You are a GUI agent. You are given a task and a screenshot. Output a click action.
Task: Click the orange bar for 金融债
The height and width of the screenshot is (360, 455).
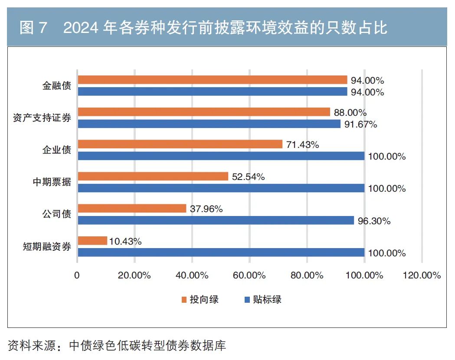(212, 80)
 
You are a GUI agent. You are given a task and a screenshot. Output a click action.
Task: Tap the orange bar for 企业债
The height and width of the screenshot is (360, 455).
(180, 144)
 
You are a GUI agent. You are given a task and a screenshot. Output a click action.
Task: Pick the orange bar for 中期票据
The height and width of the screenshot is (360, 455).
(153, 177)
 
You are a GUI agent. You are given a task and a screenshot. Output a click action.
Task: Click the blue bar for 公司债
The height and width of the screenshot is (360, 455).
(216, 221)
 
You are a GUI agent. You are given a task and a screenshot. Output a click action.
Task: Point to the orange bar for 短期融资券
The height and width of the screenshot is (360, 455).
(92, 241)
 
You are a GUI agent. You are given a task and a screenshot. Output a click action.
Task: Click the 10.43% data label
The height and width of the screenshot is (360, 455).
(125, 242)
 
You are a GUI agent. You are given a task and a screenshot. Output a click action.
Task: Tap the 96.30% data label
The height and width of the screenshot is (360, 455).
(374, 221)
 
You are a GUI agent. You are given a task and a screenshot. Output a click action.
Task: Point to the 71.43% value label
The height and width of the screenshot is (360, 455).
(302, 145)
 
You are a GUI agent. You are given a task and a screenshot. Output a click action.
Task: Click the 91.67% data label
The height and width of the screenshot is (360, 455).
(360, 124)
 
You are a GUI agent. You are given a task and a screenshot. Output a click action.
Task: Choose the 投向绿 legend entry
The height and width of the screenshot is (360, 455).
(200, 299)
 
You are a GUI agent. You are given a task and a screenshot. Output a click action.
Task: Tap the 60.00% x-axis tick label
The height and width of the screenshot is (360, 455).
(249, 275)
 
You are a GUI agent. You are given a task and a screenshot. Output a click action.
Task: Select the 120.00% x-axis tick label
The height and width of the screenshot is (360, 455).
(421, 275)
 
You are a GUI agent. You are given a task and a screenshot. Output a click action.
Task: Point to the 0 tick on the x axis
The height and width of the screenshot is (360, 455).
(77, 275)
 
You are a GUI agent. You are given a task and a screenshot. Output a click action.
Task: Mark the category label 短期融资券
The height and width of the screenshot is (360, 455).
(47, 247)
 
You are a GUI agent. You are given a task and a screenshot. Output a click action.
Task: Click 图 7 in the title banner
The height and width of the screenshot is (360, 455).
(33, 28)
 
